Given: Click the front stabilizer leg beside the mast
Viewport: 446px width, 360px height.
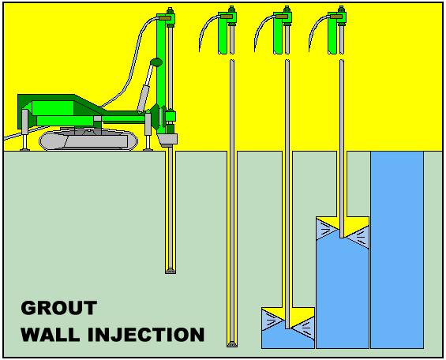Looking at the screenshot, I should pos(148,130).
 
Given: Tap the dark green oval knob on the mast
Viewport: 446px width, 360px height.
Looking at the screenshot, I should pos(156,62).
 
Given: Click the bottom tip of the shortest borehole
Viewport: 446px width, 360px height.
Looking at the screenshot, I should pos(170,271).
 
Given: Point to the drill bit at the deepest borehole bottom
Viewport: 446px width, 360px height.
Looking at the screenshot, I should pos(231,343).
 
